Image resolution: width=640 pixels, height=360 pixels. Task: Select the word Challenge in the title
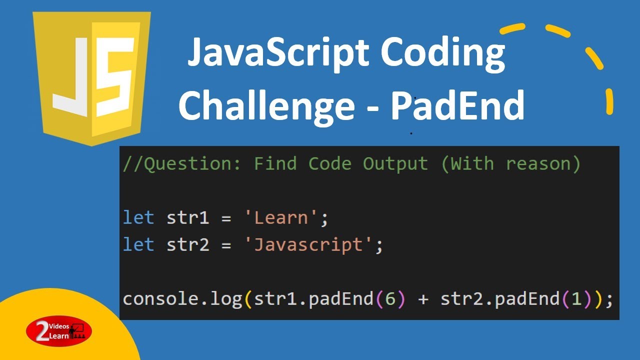coord(266,106)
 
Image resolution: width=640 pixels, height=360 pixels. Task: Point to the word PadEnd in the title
coord(457,105)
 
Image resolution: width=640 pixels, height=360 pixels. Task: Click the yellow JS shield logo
coord(91,77)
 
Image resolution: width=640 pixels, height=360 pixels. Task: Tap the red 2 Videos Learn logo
coord(59,331)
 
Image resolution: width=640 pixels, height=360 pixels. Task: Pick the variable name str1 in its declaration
coord(188,218)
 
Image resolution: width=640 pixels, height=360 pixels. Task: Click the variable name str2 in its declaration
coord(188,245)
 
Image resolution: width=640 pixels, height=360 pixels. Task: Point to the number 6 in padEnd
coord(390,299)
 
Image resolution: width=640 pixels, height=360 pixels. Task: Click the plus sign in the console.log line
coord(423,299)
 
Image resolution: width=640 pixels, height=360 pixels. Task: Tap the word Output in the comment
coord(395,163)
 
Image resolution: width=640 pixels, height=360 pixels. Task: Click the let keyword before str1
coord(138,218)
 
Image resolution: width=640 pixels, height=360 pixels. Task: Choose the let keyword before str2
coord(138,245)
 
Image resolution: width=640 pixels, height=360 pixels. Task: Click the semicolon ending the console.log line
coord(609,300)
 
